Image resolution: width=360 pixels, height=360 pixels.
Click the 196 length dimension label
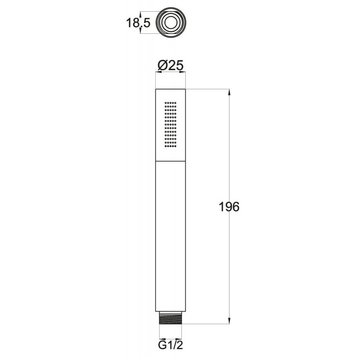[x=229, y=207]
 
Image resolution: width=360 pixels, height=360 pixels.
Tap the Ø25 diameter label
[x=171, y=66]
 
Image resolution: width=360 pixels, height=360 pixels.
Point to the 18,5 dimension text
[x=138, y=23]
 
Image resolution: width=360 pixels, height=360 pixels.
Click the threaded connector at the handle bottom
[x=171, y=318]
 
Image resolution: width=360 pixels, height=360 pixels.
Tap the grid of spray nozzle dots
[x=171, y=124]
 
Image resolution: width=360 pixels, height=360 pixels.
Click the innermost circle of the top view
[x=171, y=22]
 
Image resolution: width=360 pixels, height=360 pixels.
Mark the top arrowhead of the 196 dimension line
[x=229, y=92]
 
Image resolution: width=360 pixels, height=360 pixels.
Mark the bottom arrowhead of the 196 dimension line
[x=229, y=321]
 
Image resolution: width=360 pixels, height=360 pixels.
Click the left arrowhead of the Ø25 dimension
[x=159, y=72]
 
